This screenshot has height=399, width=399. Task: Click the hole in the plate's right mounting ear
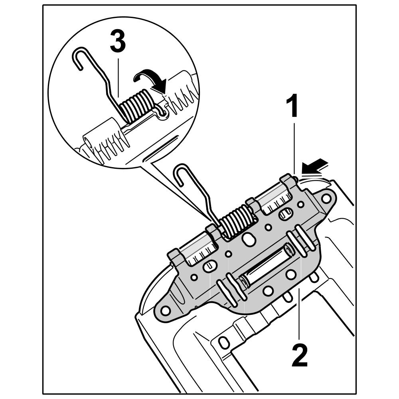[326, 198]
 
